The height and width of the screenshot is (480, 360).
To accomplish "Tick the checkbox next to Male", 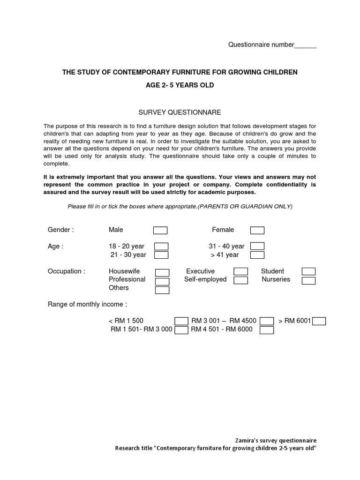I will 160,230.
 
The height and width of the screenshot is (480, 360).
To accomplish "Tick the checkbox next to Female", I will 257,230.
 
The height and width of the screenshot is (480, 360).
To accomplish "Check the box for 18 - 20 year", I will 161,247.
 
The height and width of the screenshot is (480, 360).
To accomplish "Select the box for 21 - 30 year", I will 161,255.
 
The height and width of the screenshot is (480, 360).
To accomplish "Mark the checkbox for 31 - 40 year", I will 257,247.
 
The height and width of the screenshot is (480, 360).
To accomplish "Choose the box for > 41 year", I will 257,255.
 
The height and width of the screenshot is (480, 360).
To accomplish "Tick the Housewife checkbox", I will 162,272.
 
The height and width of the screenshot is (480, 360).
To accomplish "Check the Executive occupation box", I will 241,271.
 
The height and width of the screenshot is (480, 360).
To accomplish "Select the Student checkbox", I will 308,271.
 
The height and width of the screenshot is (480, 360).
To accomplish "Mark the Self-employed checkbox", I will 241,280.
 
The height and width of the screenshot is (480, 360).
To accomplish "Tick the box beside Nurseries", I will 308,280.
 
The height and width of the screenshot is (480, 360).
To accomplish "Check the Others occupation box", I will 162,289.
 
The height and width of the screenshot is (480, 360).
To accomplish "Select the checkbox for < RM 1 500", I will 181,321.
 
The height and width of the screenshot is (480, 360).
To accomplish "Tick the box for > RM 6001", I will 319,321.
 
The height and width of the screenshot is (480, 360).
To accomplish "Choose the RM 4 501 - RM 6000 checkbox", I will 267,330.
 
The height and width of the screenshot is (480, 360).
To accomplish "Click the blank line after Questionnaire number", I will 305,45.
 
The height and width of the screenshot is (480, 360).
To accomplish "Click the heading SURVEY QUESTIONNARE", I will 180,112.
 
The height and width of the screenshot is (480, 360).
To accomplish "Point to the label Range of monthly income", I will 87,304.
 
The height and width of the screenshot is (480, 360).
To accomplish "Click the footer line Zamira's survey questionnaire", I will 276,441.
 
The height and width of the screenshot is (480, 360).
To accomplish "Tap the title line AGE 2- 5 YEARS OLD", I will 180,85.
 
